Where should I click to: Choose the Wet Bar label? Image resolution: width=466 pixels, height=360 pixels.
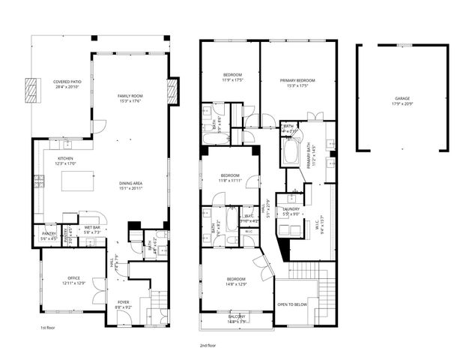(x=92, y=229)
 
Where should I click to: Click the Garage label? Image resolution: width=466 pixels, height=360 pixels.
(x=402, y=100)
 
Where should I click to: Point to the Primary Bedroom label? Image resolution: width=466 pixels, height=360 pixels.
(x=297, y=82)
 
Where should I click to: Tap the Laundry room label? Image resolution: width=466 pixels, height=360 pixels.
(x=291, y=211)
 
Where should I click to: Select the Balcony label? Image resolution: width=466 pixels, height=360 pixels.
(x=236, y=318)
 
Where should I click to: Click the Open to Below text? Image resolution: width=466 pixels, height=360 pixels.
(x=291, y=304)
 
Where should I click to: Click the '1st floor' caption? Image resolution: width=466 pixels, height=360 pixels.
(x=48, y=328)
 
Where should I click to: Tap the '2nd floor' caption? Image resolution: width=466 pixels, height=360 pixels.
(x=208, y=346)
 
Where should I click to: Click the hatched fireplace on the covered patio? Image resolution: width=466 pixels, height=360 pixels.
(x=31, y=90)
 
